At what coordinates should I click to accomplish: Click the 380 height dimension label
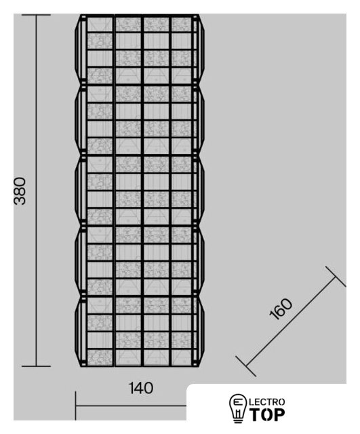coord(20,191)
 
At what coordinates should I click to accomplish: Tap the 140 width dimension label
coord(141,388)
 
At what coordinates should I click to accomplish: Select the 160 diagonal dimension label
coord(281,309)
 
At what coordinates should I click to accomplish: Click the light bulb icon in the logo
coord(237,408)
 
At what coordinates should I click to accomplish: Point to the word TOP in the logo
coord(267,414)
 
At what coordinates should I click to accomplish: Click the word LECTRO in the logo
coord(267,402)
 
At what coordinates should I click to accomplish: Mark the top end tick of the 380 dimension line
coord(36,15)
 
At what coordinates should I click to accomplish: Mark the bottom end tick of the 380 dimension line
coord(36,366)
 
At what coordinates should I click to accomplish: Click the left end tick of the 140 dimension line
coord(75,406)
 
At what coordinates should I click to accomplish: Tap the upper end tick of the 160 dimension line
coord(336,277)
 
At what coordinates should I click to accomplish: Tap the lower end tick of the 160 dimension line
coord(245,366)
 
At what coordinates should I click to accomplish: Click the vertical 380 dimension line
coord(36,191)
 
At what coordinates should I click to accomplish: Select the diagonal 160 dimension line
coord(291,321)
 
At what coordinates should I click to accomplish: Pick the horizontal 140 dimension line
coord(131,406)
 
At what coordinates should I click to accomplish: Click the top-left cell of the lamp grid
coord(100,24)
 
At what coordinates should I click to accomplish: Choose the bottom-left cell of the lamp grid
coord(100,357)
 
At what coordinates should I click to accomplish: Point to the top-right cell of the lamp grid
coord(181,24)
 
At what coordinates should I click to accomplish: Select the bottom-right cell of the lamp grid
coord(181,357)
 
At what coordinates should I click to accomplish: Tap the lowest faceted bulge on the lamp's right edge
coord(200,332)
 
